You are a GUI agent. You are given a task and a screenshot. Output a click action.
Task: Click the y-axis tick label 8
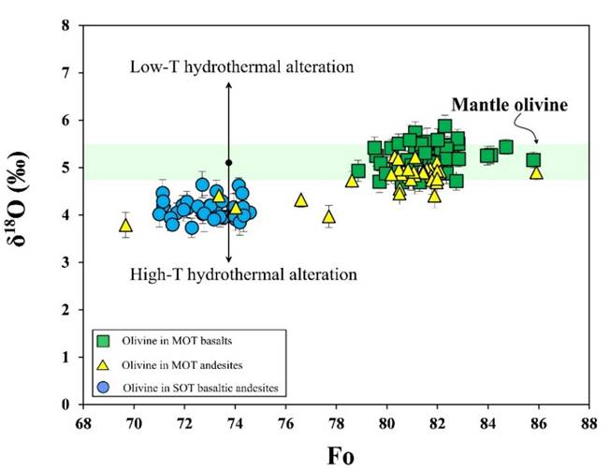click(65, 25)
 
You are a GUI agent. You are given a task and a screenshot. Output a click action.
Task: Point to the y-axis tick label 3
click(65, 262)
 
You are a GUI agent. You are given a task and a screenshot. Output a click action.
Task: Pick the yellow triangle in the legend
click(105, 362)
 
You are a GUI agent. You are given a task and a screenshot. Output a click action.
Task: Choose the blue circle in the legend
click(105, 386)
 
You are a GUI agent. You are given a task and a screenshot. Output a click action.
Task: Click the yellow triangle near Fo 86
click(536, 172)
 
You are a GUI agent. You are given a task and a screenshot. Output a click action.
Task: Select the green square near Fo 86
click(533, 160)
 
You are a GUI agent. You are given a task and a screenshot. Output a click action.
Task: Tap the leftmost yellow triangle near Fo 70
click(126, 225)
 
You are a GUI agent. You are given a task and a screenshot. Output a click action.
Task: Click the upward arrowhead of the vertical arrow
click(228, 85)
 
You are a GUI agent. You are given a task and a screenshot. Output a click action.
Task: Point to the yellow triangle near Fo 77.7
click(328, 216)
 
